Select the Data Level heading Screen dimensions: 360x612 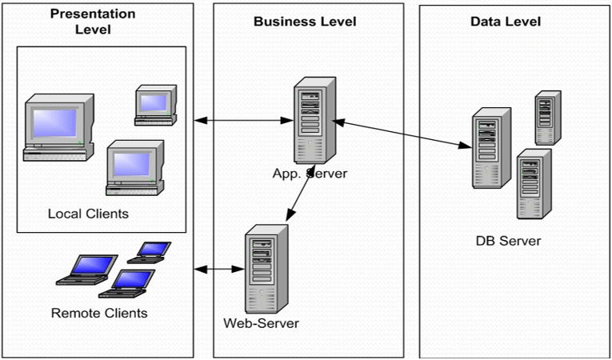(505, 22)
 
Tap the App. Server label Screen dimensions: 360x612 (310, 173)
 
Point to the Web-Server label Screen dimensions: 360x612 (262, 323)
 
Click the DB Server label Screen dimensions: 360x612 (507, 241)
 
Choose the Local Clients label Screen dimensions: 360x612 (88, 214)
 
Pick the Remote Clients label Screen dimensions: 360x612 (99, 313)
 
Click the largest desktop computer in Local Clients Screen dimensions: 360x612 (58, 128)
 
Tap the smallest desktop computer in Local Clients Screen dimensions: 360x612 (154, 105)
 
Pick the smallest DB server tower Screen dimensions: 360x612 (547, 118)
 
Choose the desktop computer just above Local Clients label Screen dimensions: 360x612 (134, 167)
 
